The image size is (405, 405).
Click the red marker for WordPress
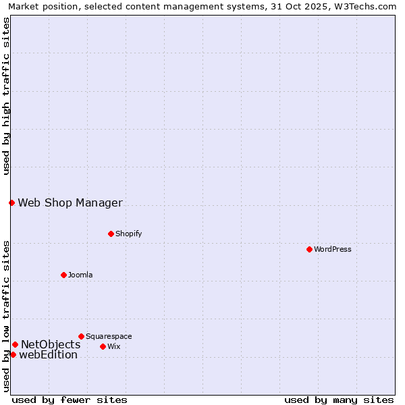click(309, 249)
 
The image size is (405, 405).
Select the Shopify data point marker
click(111, 234)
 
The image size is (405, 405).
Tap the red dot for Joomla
click(63, 275)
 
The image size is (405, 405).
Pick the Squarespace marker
click(81, 336)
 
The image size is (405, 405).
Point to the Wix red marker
click(103, 346)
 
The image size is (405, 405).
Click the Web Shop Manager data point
click(11, 202)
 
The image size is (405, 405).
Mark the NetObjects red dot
click(15, 344)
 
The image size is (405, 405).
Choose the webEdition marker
click(13, 354)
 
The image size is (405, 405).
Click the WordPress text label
click(333, 249)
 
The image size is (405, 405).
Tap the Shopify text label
click(128, 234)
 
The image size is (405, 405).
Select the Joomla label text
click(80, 275)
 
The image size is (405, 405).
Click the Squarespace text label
click(109, 336)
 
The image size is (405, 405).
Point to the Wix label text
click(113, 346)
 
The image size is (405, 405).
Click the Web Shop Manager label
click(70, 202)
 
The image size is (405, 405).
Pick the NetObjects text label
click(51, 344)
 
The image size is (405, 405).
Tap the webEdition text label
click(49, 355)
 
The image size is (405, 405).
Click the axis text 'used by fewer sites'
click(70, 400)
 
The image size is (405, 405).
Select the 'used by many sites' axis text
click(339, 400)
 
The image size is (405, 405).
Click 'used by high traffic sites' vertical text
click(6, 96)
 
